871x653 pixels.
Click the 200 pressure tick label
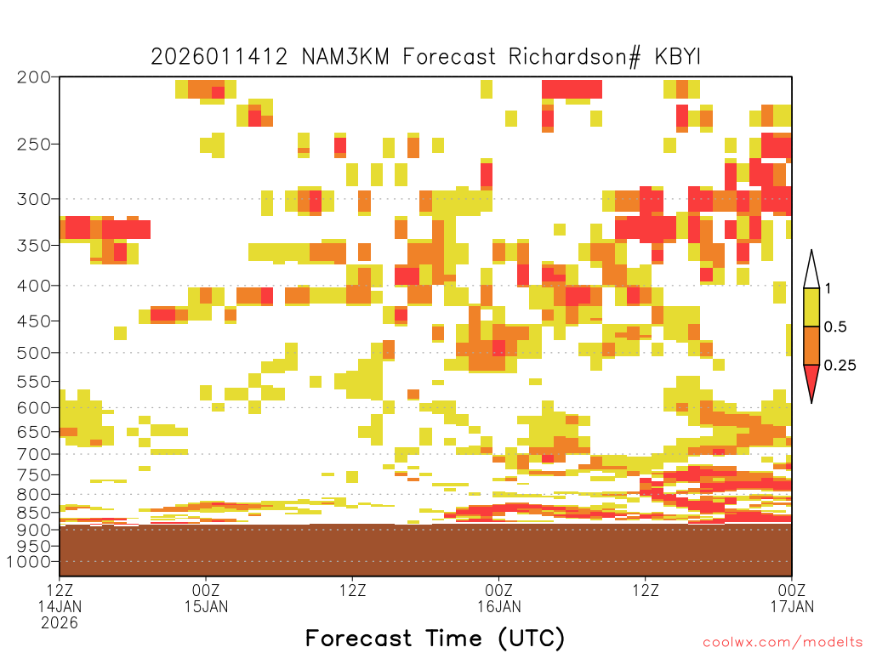click(33, 77)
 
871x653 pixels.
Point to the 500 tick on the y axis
click(33, 353)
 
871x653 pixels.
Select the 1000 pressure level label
click(28, 562)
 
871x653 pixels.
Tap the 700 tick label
click(33, 454)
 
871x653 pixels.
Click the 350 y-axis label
click(33, 246)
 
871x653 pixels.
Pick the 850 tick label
click(33, 513)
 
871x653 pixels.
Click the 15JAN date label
click(206, 606)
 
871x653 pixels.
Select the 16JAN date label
click(498, 606)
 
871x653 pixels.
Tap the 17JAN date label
click(792, 606)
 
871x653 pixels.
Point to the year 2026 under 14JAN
click(60, 622)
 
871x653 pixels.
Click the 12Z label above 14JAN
click(60, 590)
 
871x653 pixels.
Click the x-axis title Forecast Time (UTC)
click(435, 639)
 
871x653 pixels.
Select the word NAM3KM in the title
click(345, 57)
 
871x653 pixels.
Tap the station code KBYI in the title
click(678, 57)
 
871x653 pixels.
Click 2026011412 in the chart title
click(219, 57)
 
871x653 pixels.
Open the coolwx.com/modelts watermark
click(783, 643)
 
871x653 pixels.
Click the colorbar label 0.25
click(840, 365)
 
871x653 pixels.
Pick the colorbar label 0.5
click(835, 326)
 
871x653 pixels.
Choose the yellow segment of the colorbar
click(811, 307)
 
